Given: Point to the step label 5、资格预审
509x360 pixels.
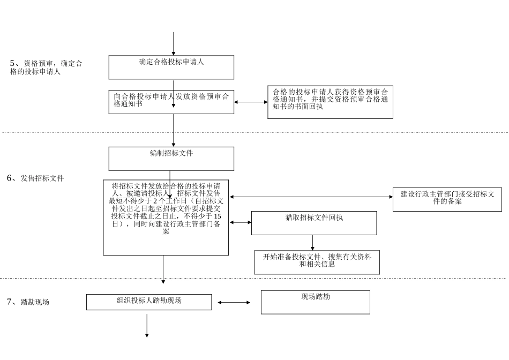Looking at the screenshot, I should pos(46,67).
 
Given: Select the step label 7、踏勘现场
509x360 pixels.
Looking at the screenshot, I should pos(28,302).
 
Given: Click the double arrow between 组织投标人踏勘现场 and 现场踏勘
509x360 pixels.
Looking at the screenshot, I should pos(234,303).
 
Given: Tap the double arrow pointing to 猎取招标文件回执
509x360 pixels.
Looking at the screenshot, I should pos(240,222).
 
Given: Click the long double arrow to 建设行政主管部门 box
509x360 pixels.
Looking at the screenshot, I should pos(311,197).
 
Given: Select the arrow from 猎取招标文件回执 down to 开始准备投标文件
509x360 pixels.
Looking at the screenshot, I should pos(313,242).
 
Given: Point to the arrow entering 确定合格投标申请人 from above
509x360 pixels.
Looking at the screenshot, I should pos(173,43).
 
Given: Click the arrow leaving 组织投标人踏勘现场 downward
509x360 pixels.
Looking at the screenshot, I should pos(146,325).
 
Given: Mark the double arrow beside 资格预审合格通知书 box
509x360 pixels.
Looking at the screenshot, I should pos(251,102).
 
